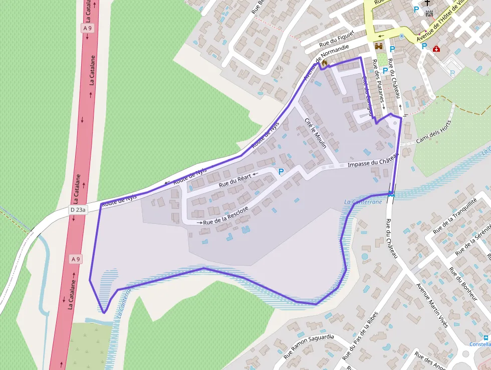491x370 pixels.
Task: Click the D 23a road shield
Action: coord(78,209)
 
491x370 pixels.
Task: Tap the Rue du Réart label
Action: coord(233,180)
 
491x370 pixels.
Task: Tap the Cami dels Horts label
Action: coord(434,132)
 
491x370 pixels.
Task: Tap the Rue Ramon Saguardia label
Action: coord(309,346)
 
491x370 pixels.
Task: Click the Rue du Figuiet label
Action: coord(337,40)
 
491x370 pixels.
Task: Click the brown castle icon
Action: coord(379,46)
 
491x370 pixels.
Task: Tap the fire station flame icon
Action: coord(325,63)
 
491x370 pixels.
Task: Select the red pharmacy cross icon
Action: coord(436,49)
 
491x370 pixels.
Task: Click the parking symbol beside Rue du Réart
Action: coord(281,172)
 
